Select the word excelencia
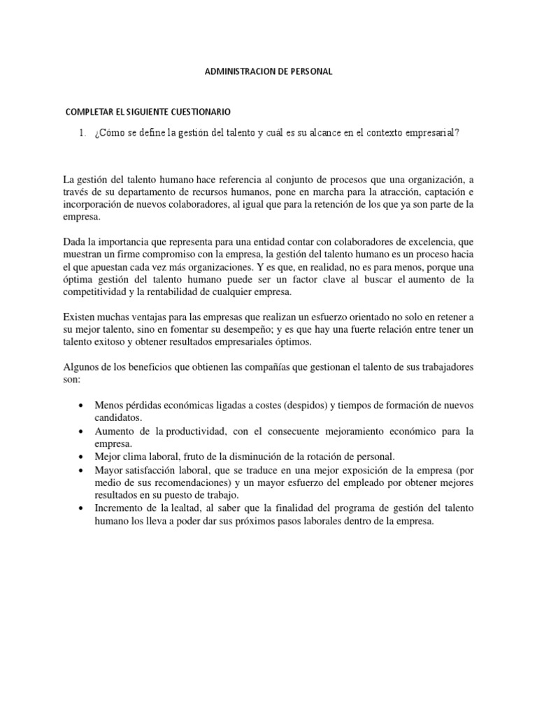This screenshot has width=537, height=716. pyautogui.click(x=424, y=243)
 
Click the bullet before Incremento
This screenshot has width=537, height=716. pyautogui.click(x=83, y=508)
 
